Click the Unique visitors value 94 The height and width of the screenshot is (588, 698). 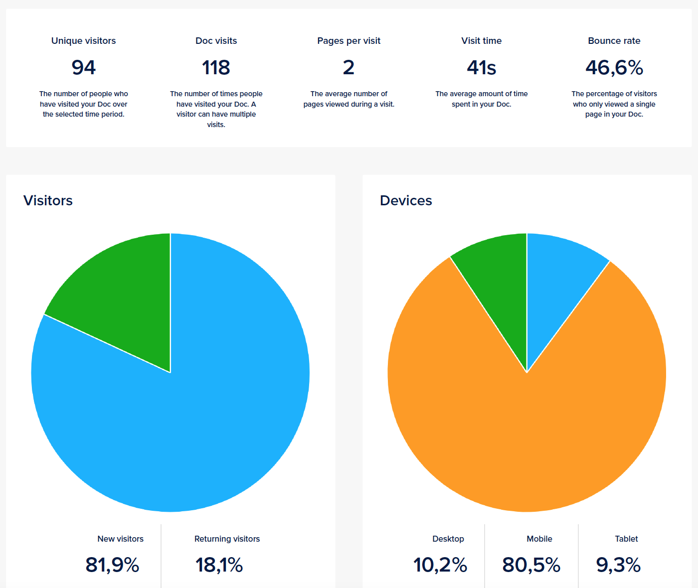84,68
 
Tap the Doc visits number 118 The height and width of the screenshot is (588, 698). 216,68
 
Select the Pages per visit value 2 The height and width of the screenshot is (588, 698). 349,68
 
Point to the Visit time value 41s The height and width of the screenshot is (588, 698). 481,68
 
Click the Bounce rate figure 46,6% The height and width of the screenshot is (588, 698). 614,68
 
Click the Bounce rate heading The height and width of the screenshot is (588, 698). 614,41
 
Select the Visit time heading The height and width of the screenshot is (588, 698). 481,41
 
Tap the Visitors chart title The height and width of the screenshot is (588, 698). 48,200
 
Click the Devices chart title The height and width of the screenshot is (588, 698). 406,200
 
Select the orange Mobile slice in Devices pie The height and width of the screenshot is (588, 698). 527,439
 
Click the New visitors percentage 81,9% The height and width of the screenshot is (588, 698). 112,565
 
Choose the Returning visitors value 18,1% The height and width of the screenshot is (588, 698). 219,565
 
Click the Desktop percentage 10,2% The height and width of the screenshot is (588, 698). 440,565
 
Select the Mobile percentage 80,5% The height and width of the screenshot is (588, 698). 531,565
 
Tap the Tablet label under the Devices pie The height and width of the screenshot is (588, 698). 626,539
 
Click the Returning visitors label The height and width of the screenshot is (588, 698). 227,539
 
